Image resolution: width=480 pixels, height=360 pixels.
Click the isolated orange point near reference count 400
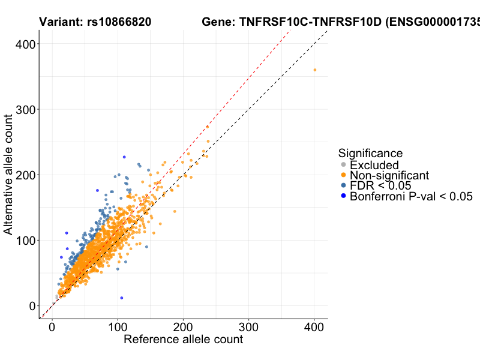coord(314,70)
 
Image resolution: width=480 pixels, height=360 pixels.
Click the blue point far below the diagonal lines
coord(122,298)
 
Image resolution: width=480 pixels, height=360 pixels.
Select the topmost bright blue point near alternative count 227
coord(124,157)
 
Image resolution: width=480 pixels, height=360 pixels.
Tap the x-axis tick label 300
coord(248,328)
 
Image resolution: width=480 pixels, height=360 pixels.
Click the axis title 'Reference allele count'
coord(183,340)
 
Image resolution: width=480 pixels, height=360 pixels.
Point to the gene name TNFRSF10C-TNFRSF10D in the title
coord(310,23)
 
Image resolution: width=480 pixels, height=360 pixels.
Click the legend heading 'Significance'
coord(370,154)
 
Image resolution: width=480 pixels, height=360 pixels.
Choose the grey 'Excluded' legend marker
coord(343,165)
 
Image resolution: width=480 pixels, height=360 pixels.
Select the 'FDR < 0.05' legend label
coord(380,185)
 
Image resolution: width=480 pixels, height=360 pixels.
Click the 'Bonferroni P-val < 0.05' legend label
coord(412,196)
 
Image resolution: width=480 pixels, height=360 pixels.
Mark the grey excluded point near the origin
coord(57,296)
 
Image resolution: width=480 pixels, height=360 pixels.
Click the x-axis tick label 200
coord(183,328)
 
